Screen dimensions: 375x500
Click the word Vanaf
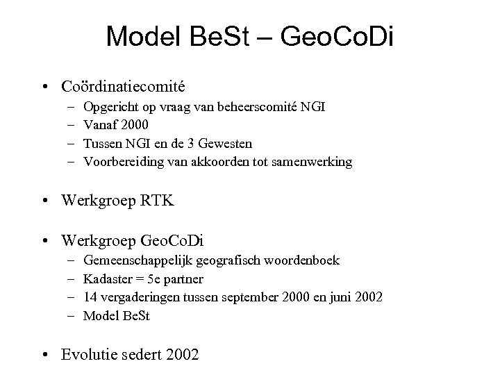[x=99, y=126]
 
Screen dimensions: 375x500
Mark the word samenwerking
[x=317, y=162]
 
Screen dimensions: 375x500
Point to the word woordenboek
[x=309, y=261]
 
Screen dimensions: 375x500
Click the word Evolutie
[x=90, y=356]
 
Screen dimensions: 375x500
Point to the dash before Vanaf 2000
[x=72, y=126]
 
